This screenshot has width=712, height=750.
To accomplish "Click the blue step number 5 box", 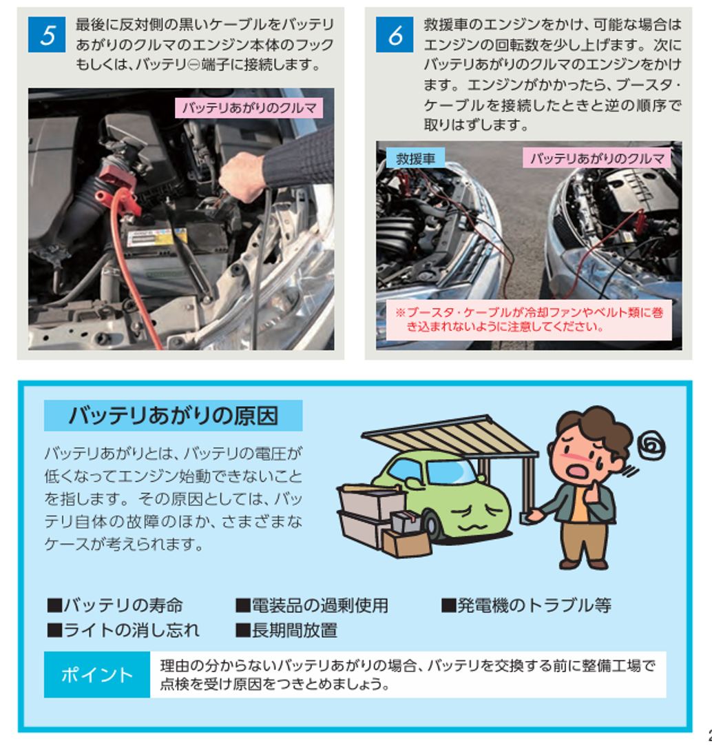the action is click(x=47, y=34).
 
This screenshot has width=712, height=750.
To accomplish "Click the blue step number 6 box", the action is click(x=395, y=34).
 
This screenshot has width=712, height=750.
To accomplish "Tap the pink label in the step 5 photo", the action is click(x=249, y=108).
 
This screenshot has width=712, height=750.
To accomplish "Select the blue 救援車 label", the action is click(x=415, y=158).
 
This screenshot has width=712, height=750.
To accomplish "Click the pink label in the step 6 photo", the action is click(x=597, y=158).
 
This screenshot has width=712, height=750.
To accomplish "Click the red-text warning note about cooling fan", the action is click(x=529, y=320).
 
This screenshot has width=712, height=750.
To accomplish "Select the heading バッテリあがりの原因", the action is click(x=173, y=415).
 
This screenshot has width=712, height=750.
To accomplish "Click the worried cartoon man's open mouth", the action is click(x=579, y=471).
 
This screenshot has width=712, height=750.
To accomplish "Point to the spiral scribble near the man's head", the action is click(x=651, y=445).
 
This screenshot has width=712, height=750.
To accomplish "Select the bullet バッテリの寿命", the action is click(x=115, y=605).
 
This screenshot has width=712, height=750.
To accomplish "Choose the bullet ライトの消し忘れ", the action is click(x=123, y=631).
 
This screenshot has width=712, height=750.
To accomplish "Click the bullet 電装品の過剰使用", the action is click(x=311, y=605).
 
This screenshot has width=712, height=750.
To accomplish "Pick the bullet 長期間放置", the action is click(x=286, y=631).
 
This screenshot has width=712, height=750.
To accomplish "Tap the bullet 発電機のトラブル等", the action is click(x=526, y=605).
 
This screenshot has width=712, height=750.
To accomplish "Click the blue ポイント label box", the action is click(x=97, y=674).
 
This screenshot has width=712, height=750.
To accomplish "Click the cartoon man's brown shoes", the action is click(x=584, y=563).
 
